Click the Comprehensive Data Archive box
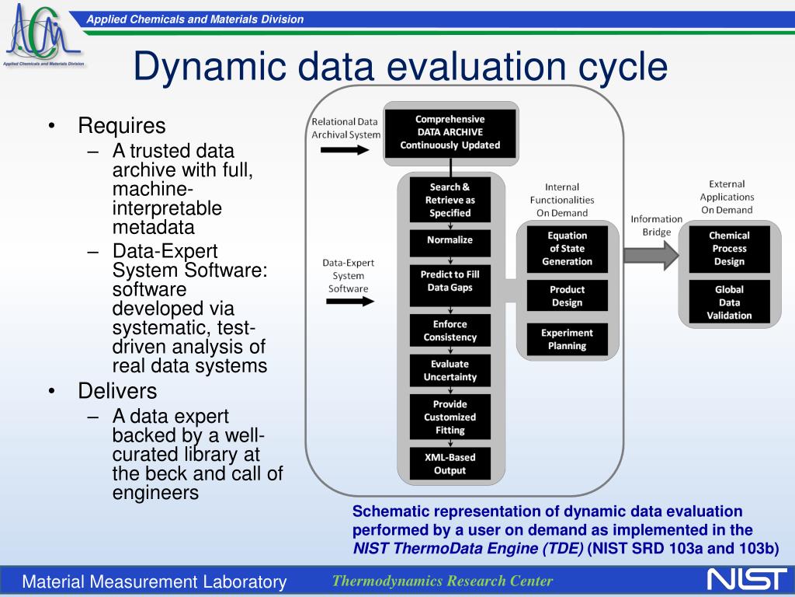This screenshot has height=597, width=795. (450, 132)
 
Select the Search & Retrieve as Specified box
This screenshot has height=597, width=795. (450, 200)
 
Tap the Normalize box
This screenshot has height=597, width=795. (450, 240)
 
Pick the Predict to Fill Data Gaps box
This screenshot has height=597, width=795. (450, 281)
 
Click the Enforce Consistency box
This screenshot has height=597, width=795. (450, 330)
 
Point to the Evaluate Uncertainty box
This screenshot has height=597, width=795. (450, 371)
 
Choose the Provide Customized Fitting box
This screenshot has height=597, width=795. (450, 417)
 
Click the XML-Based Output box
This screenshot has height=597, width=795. (450, 463)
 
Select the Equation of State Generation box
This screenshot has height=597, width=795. (567, 249)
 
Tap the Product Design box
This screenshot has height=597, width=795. (567, 296)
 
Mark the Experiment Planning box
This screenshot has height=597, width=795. (567, 340)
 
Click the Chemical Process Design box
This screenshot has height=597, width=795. (729, 249)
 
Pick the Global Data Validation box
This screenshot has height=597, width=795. (729, 302)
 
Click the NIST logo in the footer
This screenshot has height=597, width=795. (746, 580)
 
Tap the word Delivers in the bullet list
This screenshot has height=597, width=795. (117, 390)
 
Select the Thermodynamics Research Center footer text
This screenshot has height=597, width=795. (443, 581)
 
